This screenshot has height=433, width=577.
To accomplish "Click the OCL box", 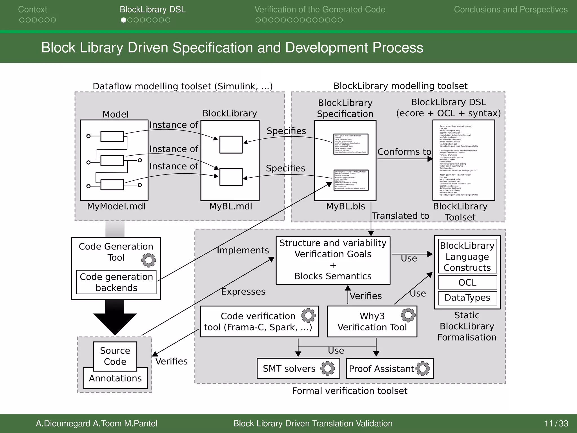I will click(467, 282).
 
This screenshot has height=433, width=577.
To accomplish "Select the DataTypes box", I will click(467, 298).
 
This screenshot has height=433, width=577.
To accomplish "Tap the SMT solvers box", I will click(298, 368).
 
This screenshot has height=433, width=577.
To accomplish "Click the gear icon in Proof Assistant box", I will click(423, 368).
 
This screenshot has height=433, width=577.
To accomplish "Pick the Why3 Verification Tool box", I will click(372, 322).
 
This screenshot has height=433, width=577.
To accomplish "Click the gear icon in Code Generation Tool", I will click(148, 260).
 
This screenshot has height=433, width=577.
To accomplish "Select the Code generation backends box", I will click(116, 282).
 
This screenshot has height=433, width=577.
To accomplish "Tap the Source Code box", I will click(115, 356).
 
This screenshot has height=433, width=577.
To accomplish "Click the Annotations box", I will click(115, 379).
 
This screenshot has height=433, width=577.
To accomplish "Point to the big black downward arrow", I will click(115, 319).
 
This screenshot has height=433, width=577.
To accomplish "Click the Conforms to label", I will click(404, 152).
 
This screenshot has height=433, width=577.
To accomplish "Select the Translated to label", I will click(401, 216).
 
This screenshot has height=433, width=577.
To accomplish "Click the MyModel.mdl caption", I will click(116, 206).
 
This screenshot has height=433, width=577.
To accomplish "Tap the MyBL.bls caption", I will click(345, 206).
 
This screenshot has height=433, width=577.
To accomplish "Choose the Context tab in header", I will click(33, 10).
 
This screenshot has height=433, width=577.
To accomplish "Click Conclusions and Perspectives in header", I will click(511, 10).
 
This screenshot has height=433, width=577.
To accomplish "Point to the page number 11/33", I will click(556, 423).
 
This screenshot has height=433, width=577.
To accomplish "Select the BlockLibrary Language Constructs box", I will click(467, 257).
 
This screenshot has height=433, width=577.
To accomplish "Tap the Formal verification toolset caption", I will click(350, 391).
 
